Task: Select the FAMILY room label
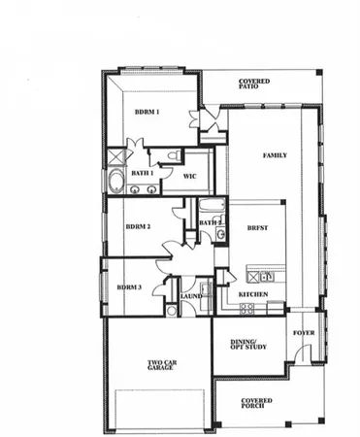click(x=275, y=155)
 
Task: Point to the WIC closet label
click(x=191, y=177)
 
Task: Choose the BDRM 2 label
click(x=138, y=227)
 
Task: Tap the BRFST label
click(x=257, y=227)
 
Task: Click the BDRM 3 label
click(x=129, y=287)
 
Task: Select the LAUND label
click(x=190, y=296)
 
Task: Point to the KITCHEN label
click(x=253, y=292)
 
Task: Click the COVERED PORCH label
click(x=256, y=402)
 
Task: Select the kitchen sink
click(x=266, y=277)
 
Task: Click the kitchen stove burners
click(x=246, y=308)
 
